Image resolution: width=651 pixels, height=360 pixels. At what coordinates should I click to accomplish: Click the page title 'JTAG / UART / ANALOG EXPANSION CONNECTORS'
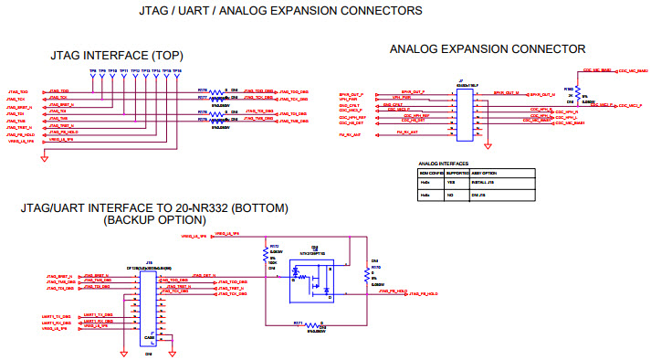pyautogui.click(x=268, y=11)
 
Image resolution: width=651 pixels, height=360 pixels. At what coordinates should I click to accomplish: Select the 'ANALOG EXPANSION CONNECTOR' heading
pyautogui.click(x=487, y=48)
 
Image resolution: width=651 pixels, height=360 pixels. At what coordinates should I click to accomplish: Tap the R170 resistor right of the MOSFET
pyautogui.click(x=369, y=273)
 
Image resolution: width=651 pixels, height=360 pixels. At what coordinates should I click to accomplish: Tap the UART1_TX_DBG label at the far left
pyautogui.click(x=56, y=316)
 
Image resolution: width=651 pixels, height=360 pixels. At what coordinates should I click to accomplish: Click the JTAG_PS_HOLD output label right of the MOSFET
pyautogui.click(x=424, y=292)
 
